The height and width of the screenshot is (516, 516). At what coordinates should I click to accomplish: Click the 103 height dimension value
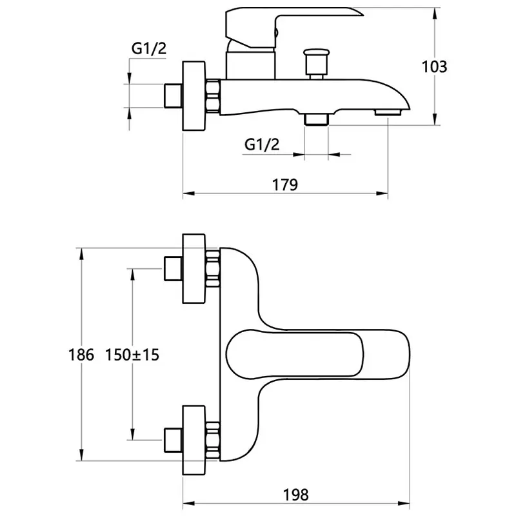coord(434,67)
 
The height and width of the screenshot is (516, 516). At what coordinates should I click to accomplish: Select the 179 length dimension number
coord(285,184)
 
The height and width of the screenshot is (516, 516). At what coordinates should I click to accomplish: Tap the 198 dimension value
coord(296,495)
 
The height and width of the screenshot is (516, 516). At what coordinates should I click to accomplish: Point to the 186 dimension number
coord(81,355)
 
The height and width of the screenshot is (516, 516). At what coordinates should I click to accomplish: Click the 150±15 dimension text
coord(132,355)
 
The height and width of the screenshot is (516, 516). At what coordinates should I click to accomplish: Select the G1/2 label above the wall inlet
coord(149,49)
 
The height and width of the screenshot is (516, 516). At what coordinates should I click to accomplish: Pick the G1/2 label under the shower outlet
coord(262,144)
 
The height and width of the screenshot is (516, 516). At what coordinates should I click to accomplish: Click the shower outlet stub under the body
coord(317,119)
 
